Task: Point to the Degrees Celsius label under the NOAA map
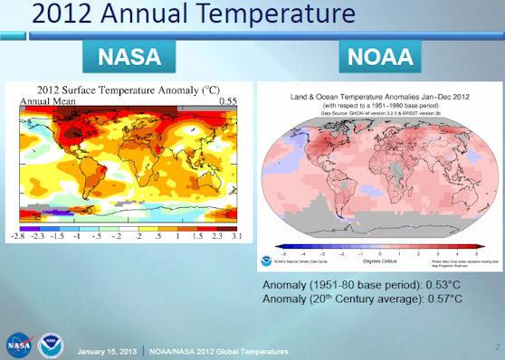click(379, 263)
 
